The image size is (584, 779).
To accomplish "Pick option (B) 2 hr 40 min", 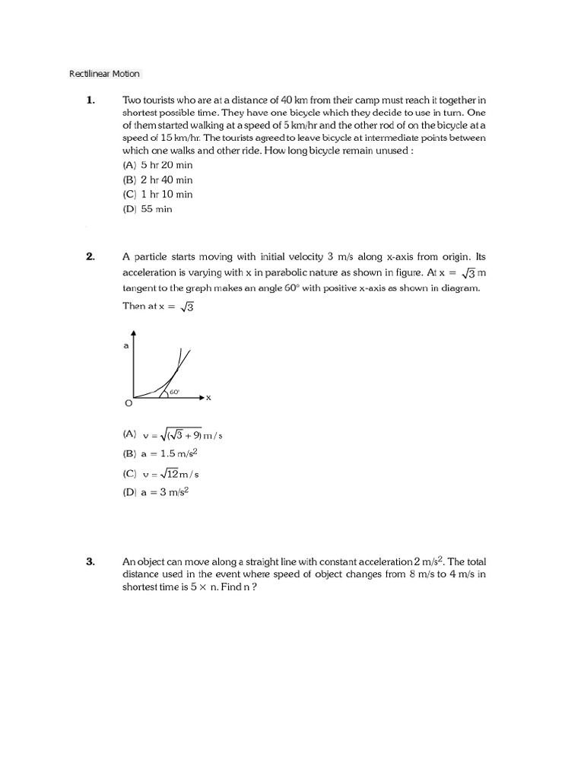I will pos(157,180).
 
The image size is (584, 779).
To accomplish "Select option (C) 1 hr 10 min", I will pos(157,194).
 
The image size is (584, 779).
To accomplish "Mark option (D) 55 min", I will pos(148,209).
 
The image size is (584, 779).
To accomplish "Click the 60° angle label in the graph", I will pos(174,392).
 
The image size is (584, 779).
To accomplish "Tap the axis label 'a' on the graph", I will pos(125,345).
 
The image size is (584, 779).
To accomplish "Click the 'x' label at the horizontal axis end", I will pos(208,397).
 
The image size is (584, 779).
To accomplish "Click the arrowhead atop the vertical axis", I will pos(134,333).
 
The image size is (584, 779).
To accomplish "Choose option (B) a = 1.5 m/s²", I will pos(160,453).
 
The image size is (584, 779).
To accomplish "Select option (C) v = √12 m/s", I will pos(160,473).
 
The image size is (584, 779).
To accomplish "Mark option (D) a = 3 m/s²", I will pos(155,492).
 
